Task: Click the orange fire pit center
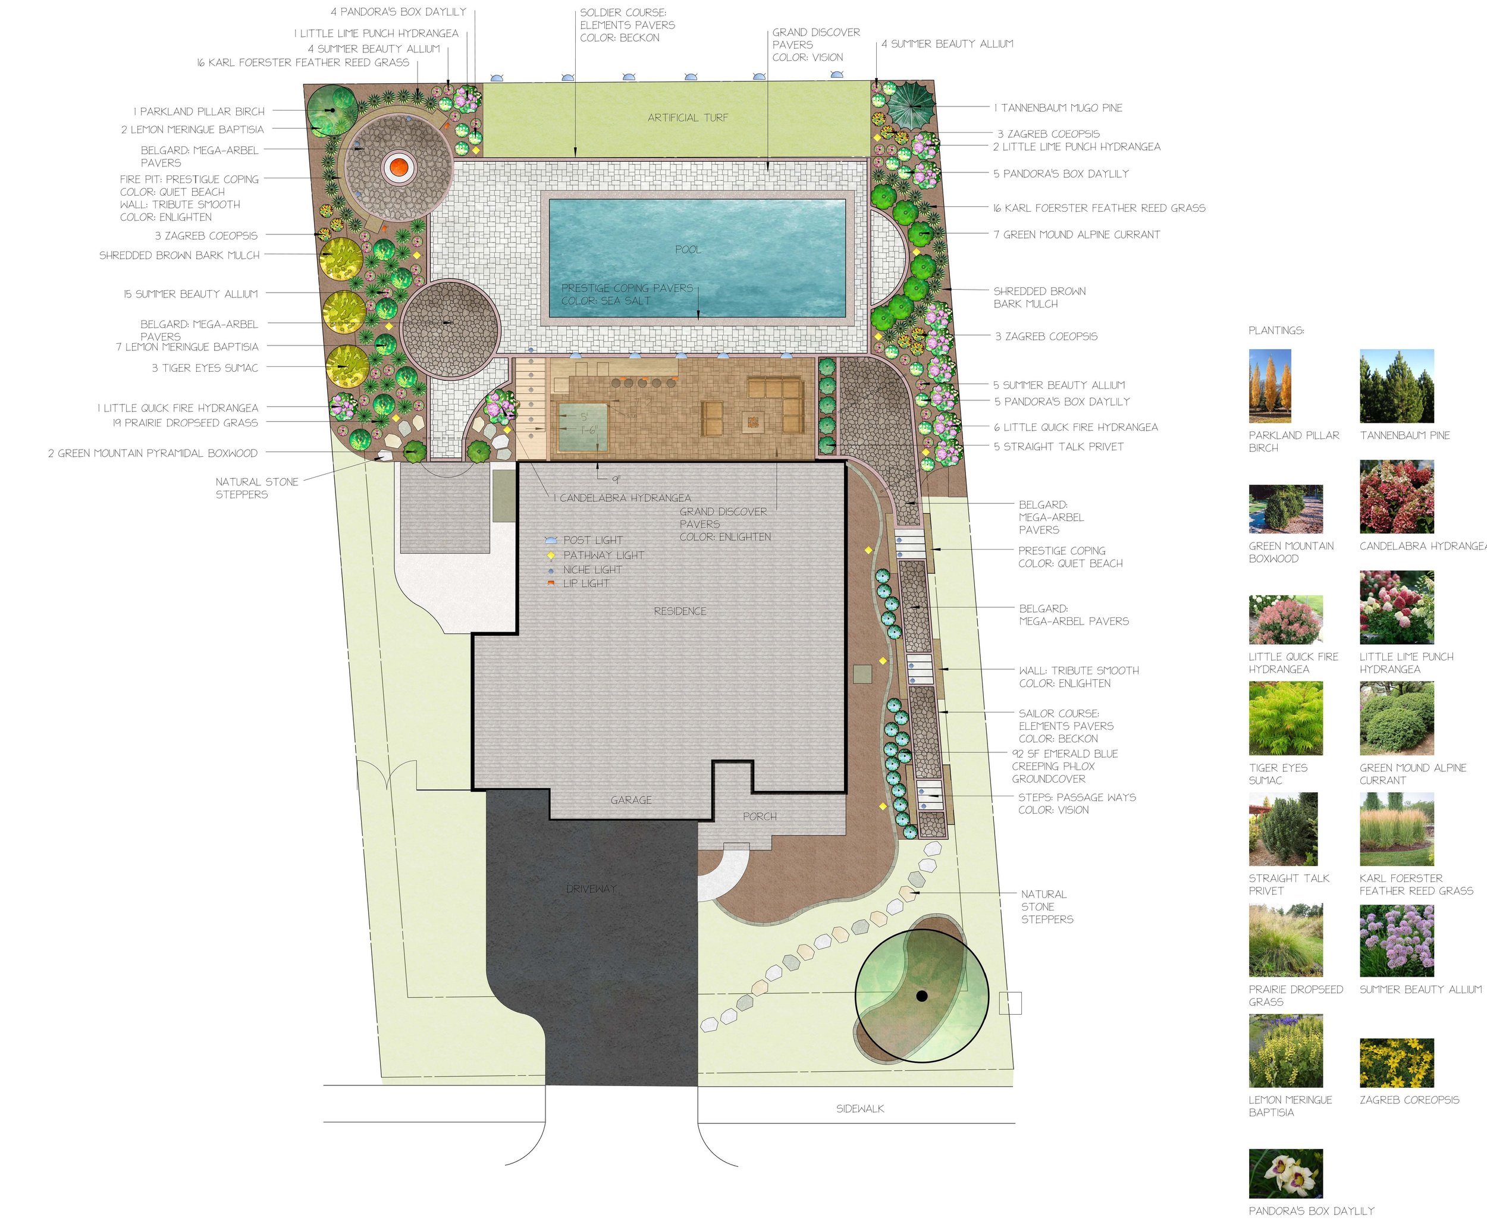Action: [x=398, y=168]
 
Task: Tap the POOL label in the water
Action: [x=688, y=249]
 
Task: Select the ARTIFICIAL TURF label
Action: [x=688, y=118]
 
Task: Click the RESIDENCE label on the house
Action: [x=680, y=611]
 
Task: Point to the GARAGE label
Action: [x=631, y=800]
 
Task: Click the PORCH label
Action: [x=760, y=817]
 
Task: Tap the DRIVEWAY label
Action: [x=592, y=889]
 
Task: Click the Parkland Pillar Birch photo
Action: [x=1269, y=386]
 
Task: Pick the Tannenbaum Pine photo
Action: [x=1397, y=386]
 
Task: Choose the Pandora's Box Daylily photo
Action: [x=1285, y=1173]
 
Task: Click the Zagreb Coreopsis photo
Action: [x=1397, y=1062]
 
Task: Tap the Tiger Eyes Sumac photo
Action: [x=1285, y=718]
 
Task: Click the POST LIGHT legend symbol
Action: [x=551, y=540]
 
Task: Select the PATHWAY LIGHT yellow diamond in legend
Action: [x=551, y=556]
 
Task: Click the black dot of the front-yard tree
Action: [x=921, y=996]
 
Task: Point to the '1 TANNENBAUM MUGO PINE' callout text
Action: [x=1058, y=108]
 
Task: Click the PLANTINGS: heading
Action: [x=1276, y=331]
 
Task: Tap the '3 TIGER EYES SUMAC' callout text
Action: [x=205, y=368]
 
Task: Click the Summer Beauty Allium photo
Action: [x=1397, y=940]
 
